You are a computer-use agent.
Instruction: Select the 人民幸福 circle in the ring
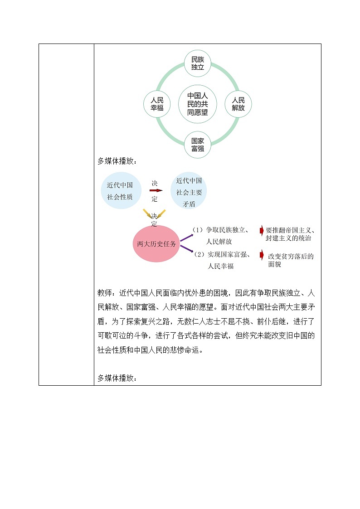coord(156,104)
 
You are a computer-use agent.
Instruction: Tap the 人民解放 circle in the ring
coord(238,104)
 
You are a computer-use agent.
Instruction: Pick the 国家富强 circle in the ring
coord(198,145)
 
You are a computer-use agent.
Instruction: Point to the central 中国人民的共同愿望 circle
coord(198,104)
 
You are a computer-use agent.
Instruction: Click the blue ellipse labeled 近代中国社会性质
coord(120,191)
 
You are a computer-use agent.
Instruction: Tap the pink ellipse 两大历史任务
coord(156,243)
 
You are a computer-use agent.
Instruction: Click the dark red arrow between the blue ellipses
coord(156,191)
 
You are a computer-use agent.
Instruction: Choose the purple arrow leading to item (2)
coord(186,250)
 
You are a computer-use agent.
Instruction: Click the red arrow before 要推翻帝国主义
coord(261,231)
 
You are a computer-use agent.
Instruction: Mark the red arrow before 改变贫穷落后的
coord(261,255)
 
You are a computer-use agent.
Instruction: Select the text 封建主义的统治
coord(289,238)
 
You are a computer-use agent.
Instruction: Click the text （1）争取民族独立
coord(219,230)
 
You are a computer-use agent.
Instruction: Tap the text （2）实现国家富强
coord(222,255)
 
